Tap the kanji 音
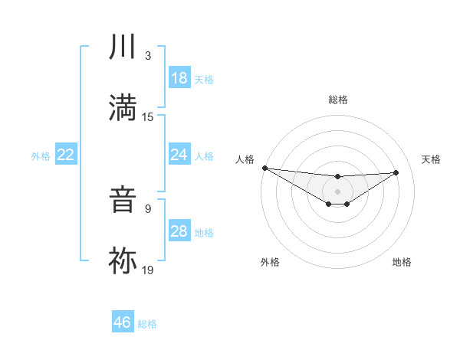(x=123, y=201)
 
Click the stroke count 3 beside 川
(x=147, y=57)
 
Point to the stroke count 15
(x=148, y=116)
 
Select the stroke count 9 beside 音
(x=147, y=208)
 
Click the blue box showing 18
(x=179, y=78)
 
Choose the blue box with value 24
(x=179, y=155)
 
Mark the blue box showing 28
(x=179, y=231)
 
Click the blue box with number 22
(x=66, y=155)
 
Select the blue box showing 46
(x=123, y=322)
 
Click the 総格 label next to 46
(x=147, y=324)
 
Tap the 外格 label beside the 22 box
(x=41, y=156)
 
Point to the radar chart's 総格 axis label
(x=337, y=100)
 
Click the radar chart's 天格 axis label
(x=431, y=159)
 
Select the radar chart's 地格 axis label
(x=402, y=262)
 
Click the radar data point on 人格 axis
(x=264, y=168)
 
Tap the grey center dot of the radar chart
(x=337, y=191)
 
